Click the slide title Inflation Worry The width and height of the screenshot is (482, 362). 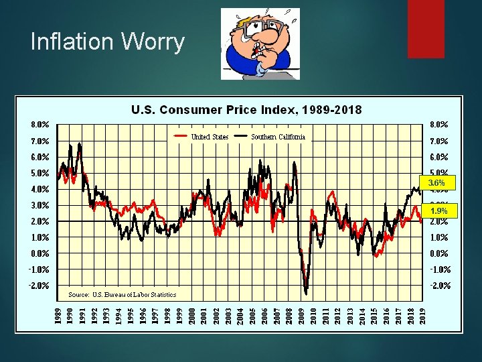point(107,42)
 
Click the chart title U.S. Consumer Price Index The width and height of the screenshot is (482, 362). point(246,109)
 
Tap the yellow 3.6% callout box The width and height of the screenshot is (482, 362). point(436,182)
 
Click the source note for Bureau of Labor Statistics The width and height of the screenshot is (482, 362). point(123,294)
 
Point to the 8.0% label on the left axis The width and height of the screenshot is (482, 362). point(39,124)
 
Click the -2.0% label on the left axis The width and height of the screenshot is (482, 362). point(39,286)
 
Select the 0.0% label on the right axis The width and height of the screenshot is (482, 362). point(439,253)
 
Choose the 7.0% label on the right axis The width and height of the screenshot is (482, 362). point(439,141)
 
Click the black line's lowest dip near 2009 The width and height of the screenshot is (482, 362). point(306,292)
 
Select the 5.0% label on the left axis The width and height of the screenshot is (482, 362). point(39,173)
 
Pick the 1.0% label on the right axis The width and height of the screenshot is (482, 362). point(439,237)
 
